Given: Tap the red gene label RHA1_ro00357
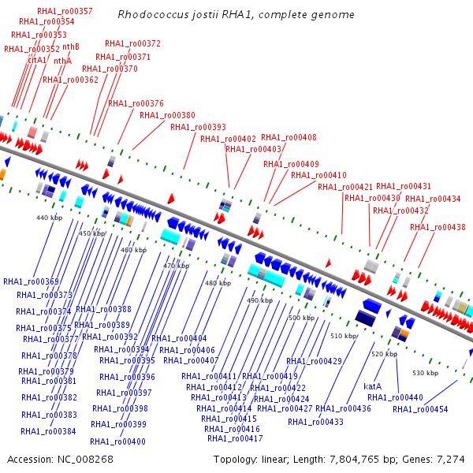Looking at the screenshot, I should (65, 11).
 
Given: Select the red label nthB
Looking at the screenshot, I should (71, 47).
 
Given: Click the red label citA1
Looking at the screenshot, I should (37, 60).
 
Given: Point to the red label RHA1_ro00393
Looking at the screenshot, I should (198, 127).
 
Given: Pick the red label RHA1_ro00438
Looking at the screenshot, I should (438, 227).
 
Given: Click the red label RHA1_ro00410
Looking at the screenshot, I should (318, 175).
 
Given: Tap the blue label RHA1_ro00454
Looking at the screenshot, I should (420, 409).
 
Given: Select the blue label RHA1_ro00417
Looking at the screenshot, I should (234, 438).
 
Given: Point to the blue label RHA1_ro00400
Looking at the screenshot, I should (117, 442).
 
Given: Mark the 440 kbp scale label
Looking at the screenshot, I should (49, 218).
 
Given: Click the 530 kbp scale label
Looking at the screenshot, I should (425, 372).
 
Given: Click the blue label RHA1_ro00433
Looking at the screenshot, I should (315, 422).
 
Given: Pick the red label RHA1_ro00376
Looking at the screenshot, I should (136, 103).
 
